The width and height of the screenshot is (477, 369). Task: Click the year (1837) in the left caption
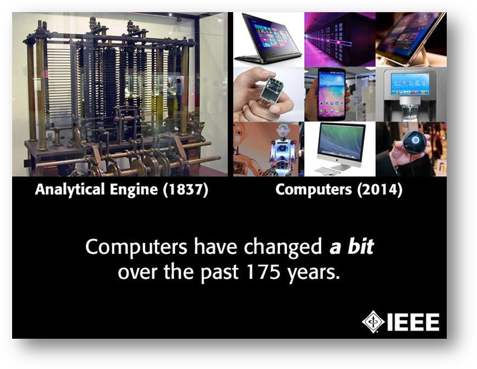tap(185, 189)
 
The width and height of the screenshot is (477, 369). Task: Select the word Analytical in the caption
tap(70, 189)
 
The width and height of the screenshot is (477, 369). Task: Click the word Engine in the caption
tap(134, 190)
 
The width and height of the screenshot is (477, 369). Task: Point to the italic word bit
tap(361, 246)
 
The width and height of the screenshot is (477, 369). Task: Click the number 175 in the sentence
tap(263, 272)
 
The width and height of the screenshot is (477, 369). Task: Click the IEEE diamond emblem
tap(373, 322)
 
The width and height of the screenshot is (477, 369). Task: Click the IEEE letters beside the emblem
tap(413, 322)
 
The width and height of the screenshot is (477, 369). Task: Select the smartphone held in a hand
tap(331, 94)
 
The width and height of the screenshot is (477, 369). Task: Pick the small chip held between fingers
tap(272, 90)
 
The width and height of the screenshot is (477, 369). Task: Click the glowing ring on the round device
tap(415, 140)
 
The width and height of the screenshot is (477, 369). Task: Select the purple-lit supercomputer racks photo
tap(340, 39)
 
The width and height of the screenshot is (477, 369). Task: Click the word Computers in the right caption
tap(314, 190)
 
